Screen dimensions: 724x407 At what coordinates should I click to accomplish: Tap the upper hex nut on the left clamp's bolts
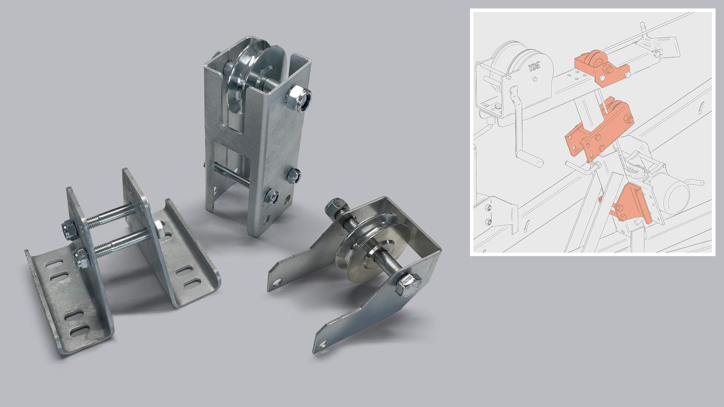[x=69, y=230]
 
